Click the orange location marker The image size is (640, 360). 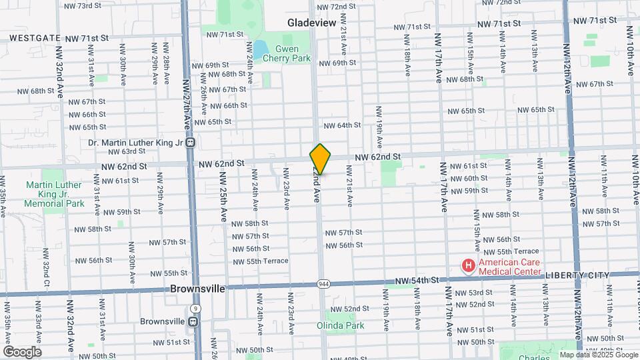coord(320,159)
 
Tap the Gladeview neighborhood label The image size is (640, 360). coord(311,22)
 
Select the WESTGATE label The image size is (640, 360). coord(31,39)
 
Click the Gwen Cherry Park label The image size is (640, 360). coord(287,53)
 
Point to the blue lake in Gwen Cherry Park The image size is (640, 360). coord(259,49)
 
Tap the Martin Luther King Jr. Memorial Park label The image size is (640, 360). coord(55,194)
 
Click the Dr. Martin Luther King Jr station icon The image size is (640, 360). coord(191,143)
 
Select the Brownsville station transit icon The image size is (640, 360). coord(193,321)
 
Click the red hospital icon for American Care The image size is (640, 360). coord(469,266)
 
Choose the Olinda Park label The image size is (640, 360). coord(341,325)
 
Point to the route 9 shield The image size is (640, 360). coord(195,308)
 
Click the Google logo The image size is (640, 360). coord(22,351)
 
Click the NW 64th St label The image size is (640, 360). coord(342,125)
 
